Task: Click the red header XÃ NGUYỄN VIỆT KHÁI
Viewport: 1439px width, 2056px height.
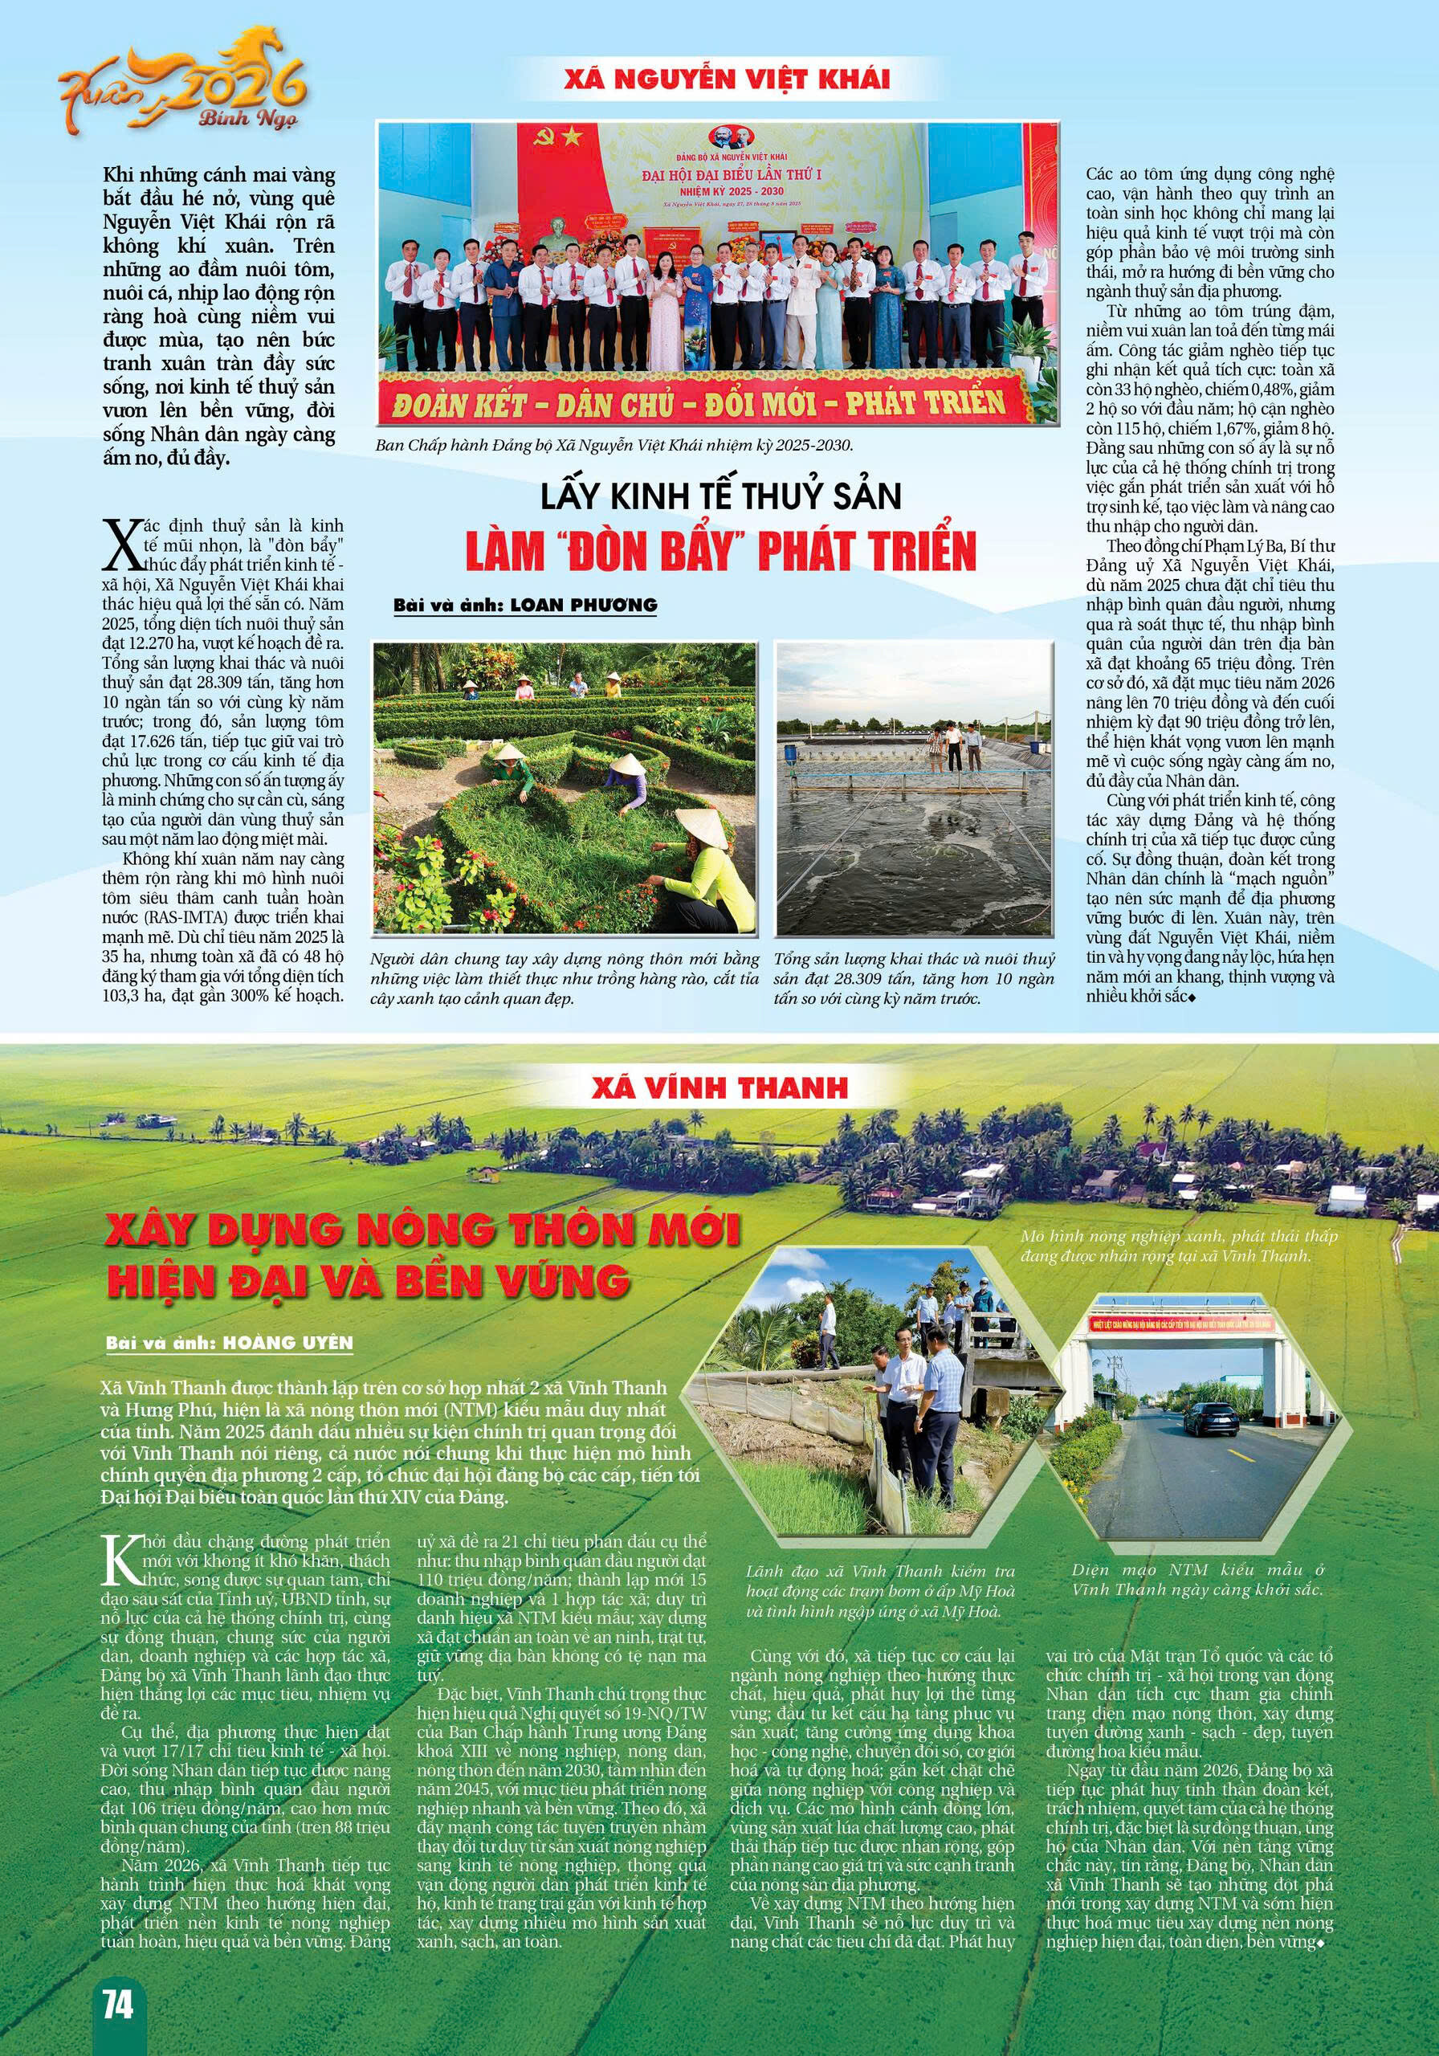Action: (x=727, y=79)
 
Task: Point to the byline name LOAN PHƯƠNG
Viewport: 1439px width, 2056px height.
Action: (x=583, y=606)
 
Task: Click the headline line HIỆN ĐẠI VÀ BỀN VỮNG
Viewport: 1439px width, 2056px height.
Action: (x=368, y=1279)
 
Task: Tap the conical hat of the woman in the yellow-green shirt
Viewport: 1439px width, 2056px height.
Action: (x=695, y=822)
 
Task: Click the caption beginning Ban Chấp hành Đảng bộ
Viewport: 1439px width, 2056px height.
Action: (x=614, y=445)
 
